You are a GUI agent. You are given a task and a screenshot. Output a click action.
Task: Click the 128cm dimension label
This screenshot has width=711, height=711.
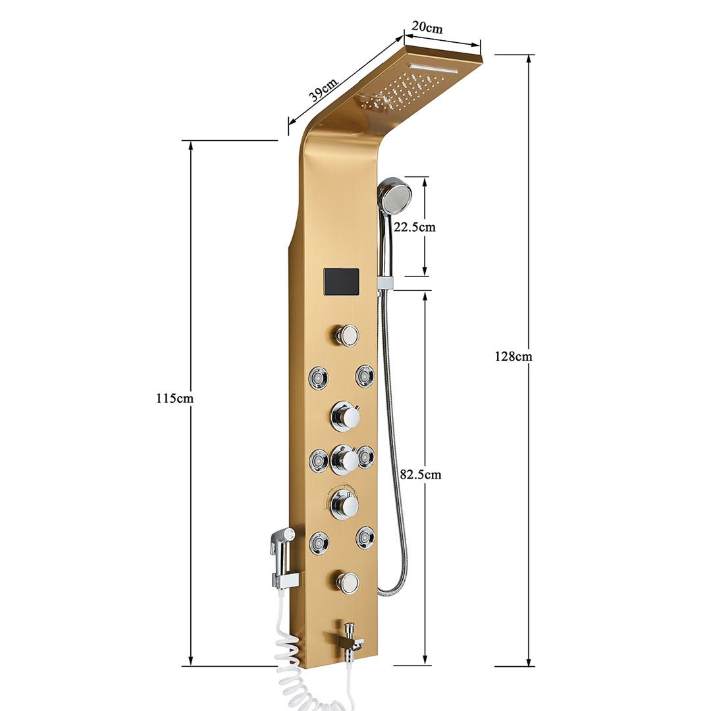click(513, 357)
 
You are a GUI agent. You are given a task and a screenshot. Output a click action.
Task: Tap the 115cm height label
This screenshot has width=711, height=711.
click(175, 398)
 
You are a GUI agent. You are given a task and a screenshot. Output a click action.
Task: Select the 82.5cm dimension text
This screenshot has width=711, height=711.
click(421, 474)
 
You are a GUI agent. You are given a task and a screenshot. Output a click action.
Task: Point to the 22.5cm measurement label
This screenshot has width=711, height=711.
click(415, 227)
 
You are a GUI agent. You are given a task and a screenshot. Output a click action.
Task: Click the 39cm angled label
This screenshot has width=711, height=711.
click(323, 89)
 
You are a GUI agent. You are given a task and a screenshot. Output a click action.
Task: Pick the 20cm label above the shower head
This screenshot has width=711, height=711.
click(427, 28)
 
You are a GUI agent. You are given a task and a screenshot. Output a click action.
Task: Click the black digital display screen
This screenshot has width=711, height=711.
click(341, 282)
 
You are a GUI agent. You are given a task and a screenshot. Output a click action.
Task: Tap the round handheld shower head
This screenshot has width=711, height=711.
click(395, 196)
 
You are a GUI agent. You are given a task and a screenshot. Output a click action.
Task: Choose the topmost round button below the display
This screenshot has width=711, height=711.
click(346, 335)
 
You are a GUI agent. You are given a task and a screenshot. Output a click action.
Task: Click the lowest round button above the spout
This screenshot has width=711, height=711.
click(347, 582)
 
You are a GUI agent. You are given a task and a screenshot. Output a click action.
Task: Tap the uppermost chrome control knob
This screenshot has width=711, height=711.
click(346, 416)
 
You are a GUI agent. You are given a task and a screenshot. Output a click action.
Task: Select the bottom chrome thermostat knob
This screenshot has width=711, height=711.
click(345, 505)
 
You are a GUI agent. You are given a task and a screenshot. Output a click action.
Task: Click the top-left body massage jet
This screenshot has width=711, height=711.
click(319, 377)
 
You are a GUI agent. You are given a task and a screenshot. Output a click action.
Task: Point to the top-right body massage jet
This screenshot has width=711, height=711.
click(365, 376)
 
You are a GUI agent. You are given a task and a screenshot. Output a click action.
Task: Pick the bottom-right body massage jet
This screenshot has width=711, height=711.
click(365, 537)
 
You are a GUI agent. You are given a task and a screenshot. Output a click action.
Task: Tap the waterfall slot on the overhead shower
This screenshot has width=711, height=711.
click(433, 68)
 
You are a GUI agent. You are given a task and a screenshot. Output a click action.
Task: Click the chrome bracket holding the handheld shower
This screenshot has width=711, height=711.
click(385, 282)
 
